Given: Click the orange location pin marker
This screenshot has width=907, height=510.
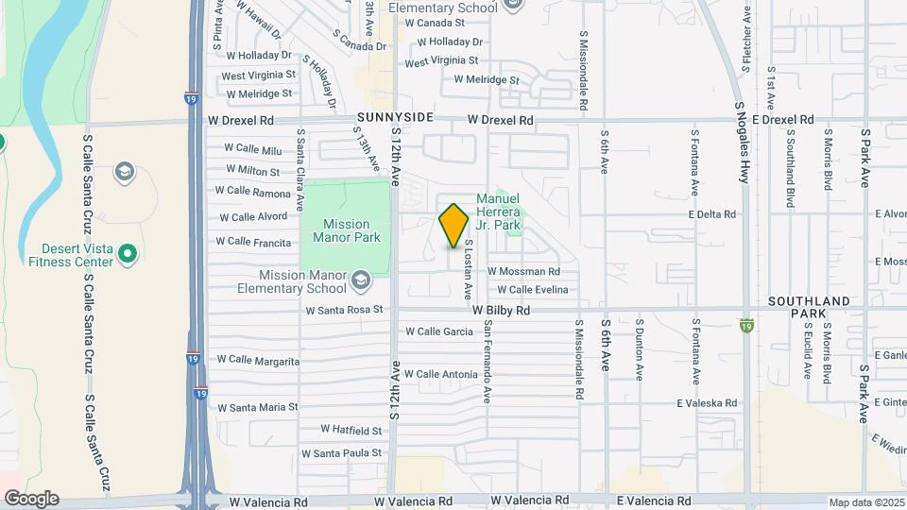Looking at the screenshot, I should (454, 225).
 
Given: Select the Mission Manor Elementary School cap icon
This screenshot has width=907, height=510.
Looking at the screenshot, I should (360, 280).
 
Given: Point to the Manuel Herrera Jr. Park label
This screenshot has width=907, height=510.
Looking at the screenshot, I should (498, 212).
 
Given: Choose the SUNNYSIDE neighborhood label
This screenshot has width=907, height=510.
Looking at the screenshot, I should (395, 116).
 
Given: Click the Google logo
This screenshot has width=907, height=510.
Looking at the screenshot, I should (30, 498).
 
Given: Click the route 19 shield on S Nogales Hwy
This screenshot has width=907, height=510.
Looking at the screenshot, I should (746, 325).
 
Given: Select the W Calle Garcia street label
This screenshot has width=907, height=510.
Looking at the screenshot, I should (438, 331).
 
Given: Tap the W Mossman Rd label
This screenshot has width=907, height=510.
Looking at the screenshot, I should (530, 271).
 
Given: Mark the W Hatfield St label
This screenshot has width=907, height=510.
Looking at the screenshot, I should (351, 430).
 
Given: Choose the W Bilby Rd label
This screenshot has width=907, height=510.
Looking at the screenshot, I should (502, 310).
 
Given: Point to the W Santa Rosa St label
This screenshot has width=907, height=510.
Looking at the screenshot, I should (343, 309).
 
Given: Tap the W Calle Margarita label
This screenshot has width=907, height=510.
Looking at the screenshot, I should (258, 360).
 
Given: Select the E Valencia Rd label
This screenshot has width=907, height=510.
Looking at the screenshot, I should (654, 501).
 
